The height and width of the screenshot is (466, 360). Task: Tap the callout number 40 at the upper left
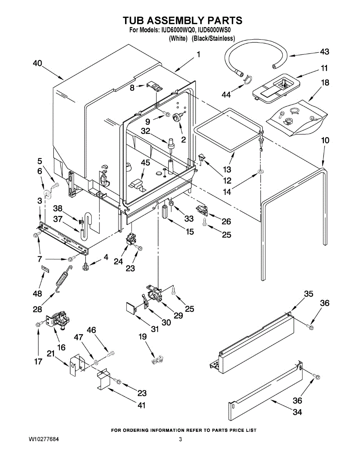(x=38, y=64)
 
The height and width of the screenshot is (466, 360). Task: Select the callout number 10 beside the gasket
(x=325, y=140)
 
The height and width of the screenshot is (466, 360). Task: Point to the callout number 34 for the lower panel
(x=297, y=412)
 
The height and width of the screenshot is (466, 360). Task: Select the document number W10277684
(x=44, y=440)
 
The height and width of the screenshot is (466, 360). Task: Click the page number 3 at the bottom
(x=181, y=440)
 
